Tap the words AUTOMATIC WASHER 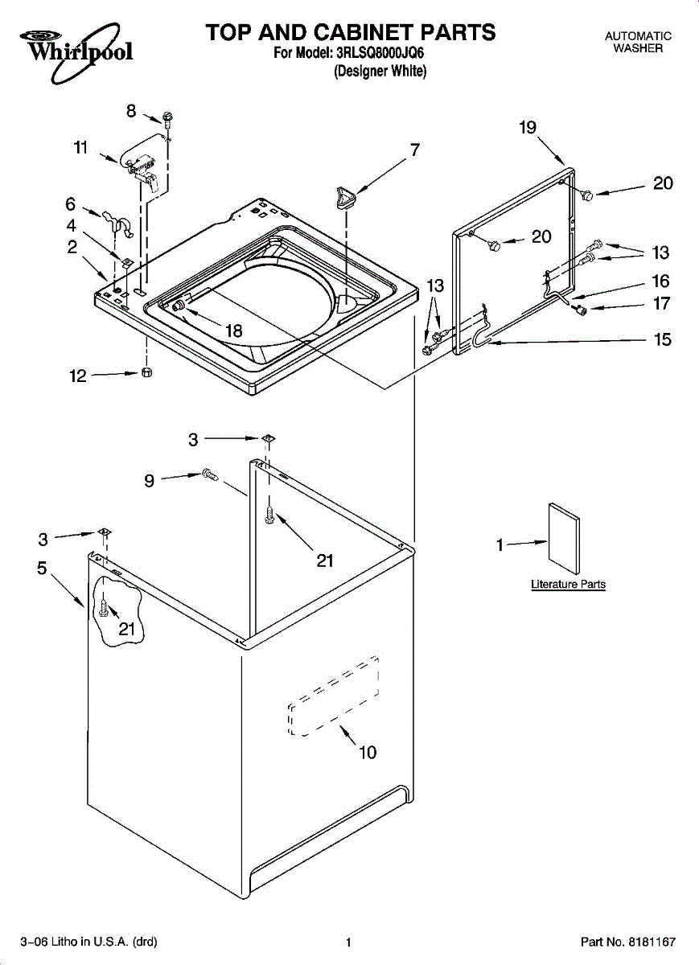pyautogui.click(x=638, y=43)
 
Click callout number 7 pyautogui.click(x=414, y=150)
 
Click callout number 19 pyautogui.click(x=528, y=127)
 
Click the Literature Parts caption pyautogui.click(x=568, y=585)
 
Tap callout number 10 pyautogui.click(x=367, y=753)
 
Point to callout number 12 pyautogui.click(x=77, y=375)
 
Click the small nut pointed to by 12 pyautogui.click(x=147, y=372)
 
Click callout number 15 pyautogui.click(x=662, y=339)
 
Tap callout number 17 pyautogui.click(x=662, y=304)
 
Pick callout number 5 pyautogui.click(x=42, y=568)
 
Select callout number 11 pyautogui.click(x=80, y=147)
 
